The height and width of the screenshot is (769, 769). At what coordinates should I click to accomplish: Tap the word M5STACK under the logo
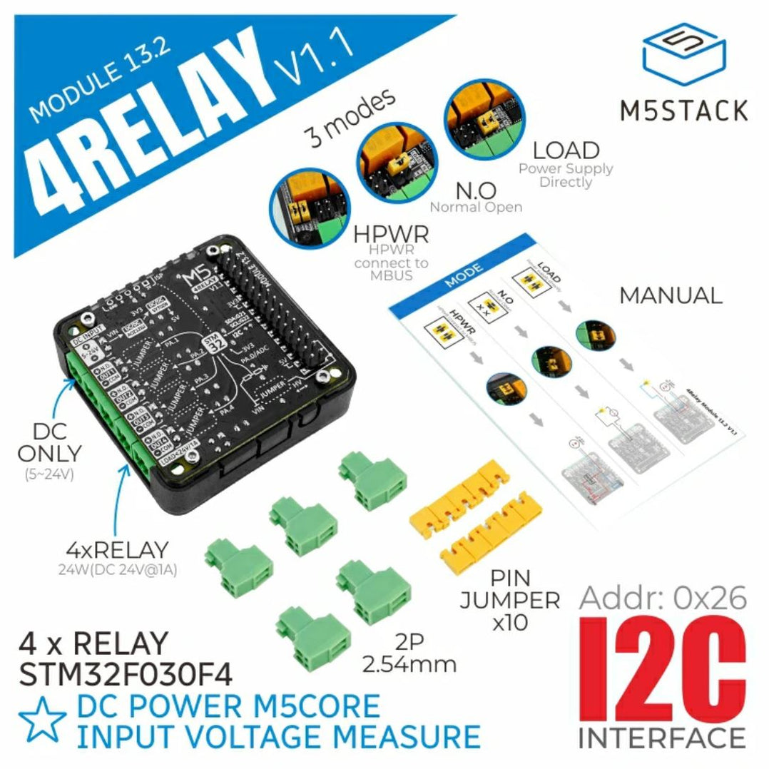pos(683,111)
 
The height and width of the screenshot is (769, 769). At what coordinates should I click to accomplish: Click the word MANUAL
pos(670,295)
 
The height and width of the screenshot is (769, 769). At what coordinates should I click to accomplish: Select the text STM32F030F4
pos(125,673)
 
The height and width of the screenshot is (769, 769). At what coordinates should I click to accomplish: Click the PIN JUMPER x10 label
pos(509,599)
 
